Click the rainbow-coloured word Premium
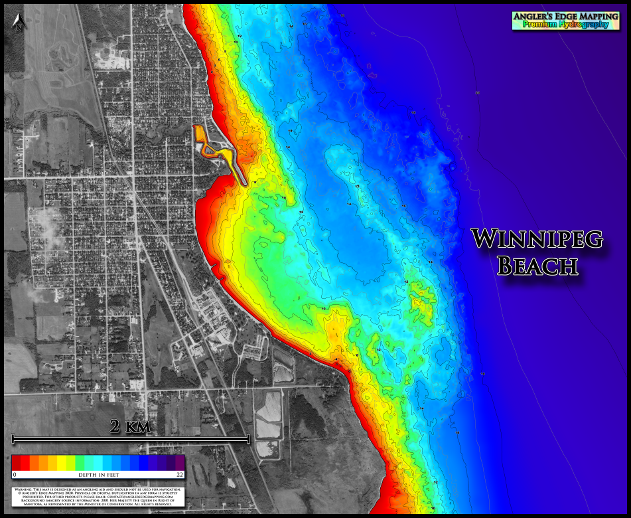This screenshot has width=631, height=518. click(x=541, y=25)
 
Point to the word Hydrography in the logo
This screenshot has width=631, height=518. click(x=585, y=25)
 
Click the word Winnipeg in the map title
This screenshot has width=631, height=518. click(x=537, y=239)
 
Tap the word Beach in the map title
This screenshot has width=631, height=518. click(x=537, y=266)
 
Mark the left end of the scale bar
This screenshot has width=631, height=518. click(x=13, y=438)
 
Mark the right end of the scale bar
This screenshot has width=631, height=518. click(x=249, y=438)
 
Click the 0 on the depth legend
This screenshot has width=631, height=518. click(x=14, y=475)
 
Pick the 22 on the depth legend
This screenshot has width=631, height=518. click(x=179, y=475)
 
